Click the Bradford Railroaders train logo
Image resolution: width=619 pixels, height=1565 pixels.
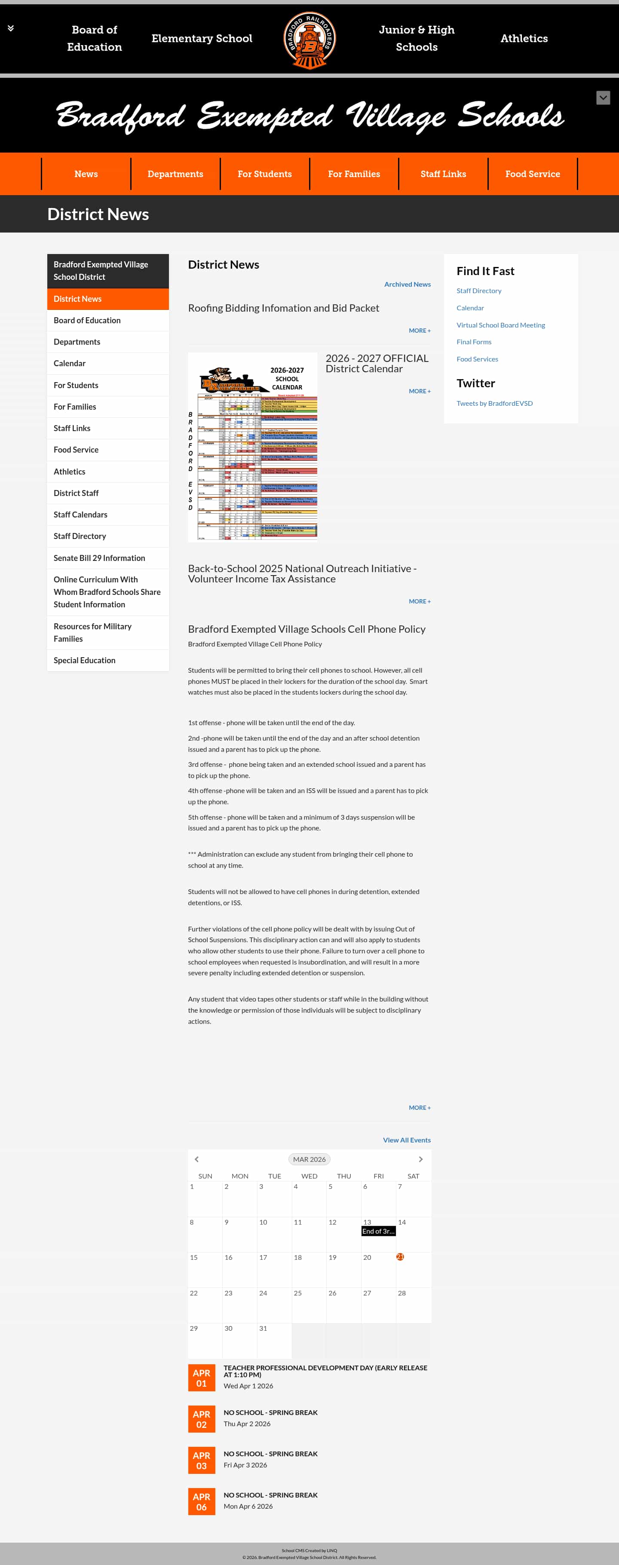309,40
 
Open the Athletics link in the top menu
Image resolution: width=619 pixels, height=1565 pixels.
524,38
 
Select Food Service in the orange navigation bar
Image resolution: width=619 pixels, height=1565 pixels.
532,174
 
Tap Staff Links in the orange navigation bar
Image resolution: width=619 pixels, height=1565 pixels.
443,174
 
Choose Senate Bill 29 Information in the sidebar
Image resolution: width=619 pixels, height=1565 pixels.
99,558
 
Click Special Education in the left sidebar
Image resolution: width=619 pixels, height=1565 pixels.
84,660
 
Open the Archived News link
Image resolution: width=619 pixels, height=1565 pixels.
407,284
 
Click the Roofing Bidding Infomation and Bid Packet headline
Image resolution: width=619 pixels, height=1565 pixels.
283,308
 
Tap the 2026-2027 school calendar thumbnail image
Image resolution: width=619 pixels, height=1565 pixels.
253,447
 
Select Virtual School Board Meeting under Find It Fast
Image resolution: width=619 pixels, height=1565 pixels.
500,325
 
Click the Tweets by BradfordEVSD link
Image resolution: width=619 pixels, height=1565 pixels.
494,404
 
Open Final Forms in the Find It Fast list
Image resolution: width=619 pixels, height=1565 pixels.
474,342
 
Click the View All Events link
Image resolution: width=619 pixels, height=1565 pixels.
406,1140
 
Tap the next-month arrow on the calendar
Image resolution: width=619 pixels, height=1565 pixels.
420,1159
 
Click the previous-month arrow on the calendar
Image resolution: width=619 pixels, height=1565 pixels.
196,1159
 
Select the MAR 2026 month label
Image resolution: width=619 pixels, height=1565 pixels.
309,1159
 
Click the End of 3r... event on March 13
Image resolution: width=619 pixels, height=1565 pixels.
378,1231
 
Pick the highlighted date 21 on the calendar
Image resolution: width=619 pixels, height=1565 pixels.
400,1256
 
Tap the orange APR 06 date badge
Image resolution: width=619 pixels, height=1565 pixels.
201,1501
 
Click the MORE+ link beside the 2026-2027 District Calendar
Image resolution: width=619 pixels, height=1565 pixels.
419,391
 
